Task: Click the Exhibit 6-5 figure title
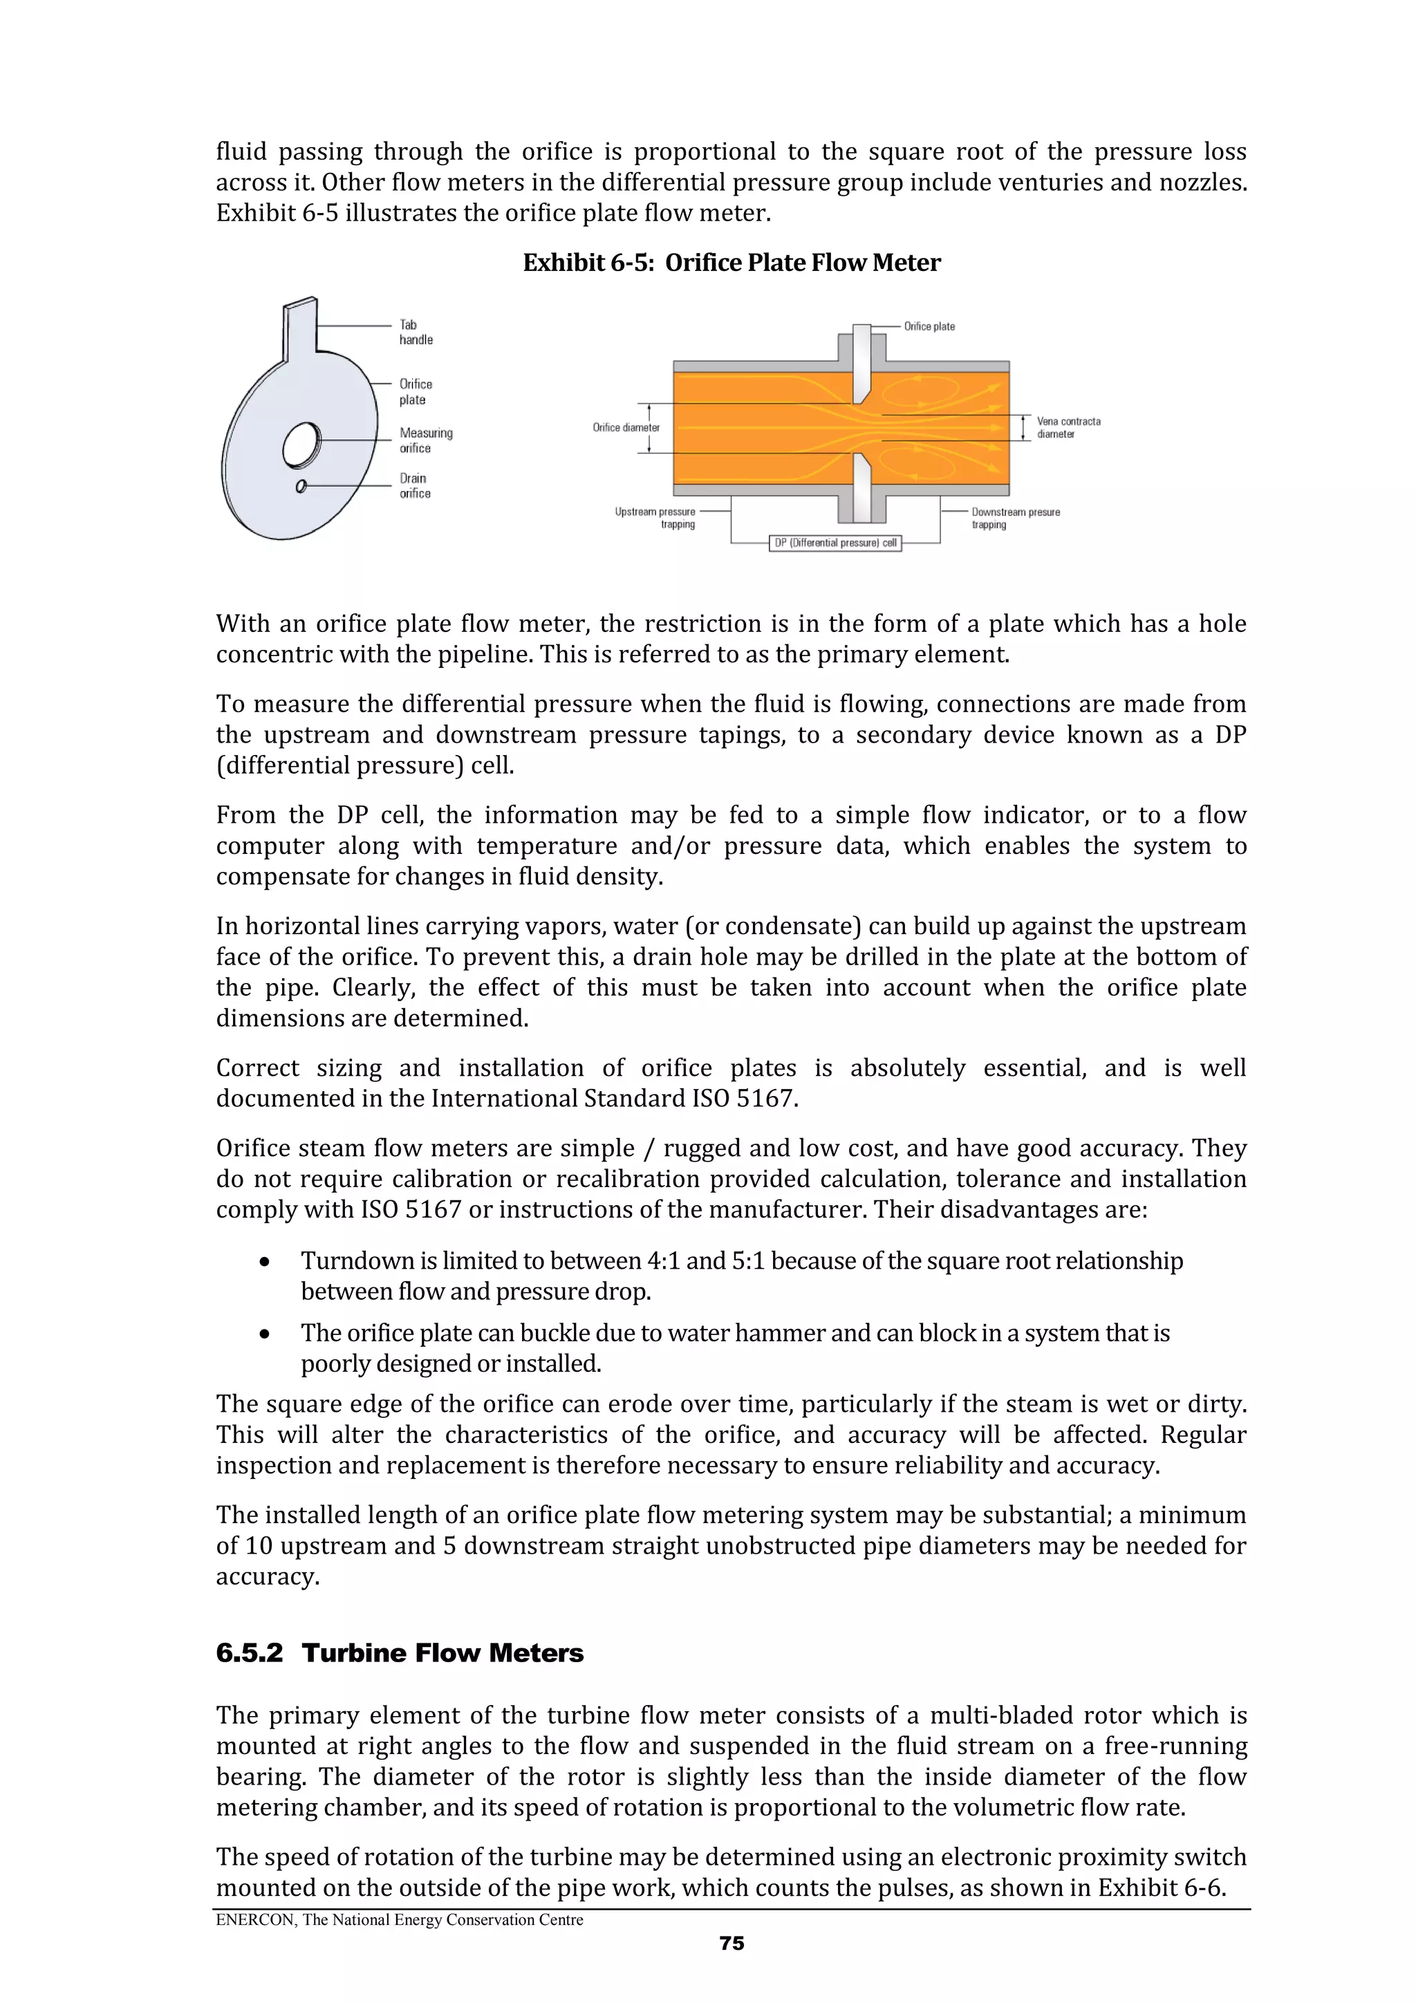coord(731,263)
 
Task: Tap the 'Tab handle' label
coord(416,333)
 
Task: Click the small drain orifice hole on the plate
coord(301,486)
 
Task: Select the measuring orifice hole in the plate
coord(302,444)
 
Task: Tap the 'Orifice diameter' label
coord(626,427)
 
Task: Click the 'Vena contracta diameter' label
coord(1068,427)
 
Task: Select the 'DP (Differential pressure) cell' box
coord(835,543)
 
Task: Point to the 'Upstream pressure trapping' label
coord(656,518)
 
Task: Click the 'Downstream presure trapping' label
coord(1015,518)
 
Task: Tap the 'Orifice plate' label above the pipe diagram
coord(929,326)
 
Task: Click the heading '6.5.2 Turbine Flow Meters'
coord(400,1652)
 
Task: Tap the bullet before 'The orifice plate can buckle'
coord(264,1334)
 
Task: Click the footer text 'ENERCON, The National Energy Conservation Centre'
coord(400,1919)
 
